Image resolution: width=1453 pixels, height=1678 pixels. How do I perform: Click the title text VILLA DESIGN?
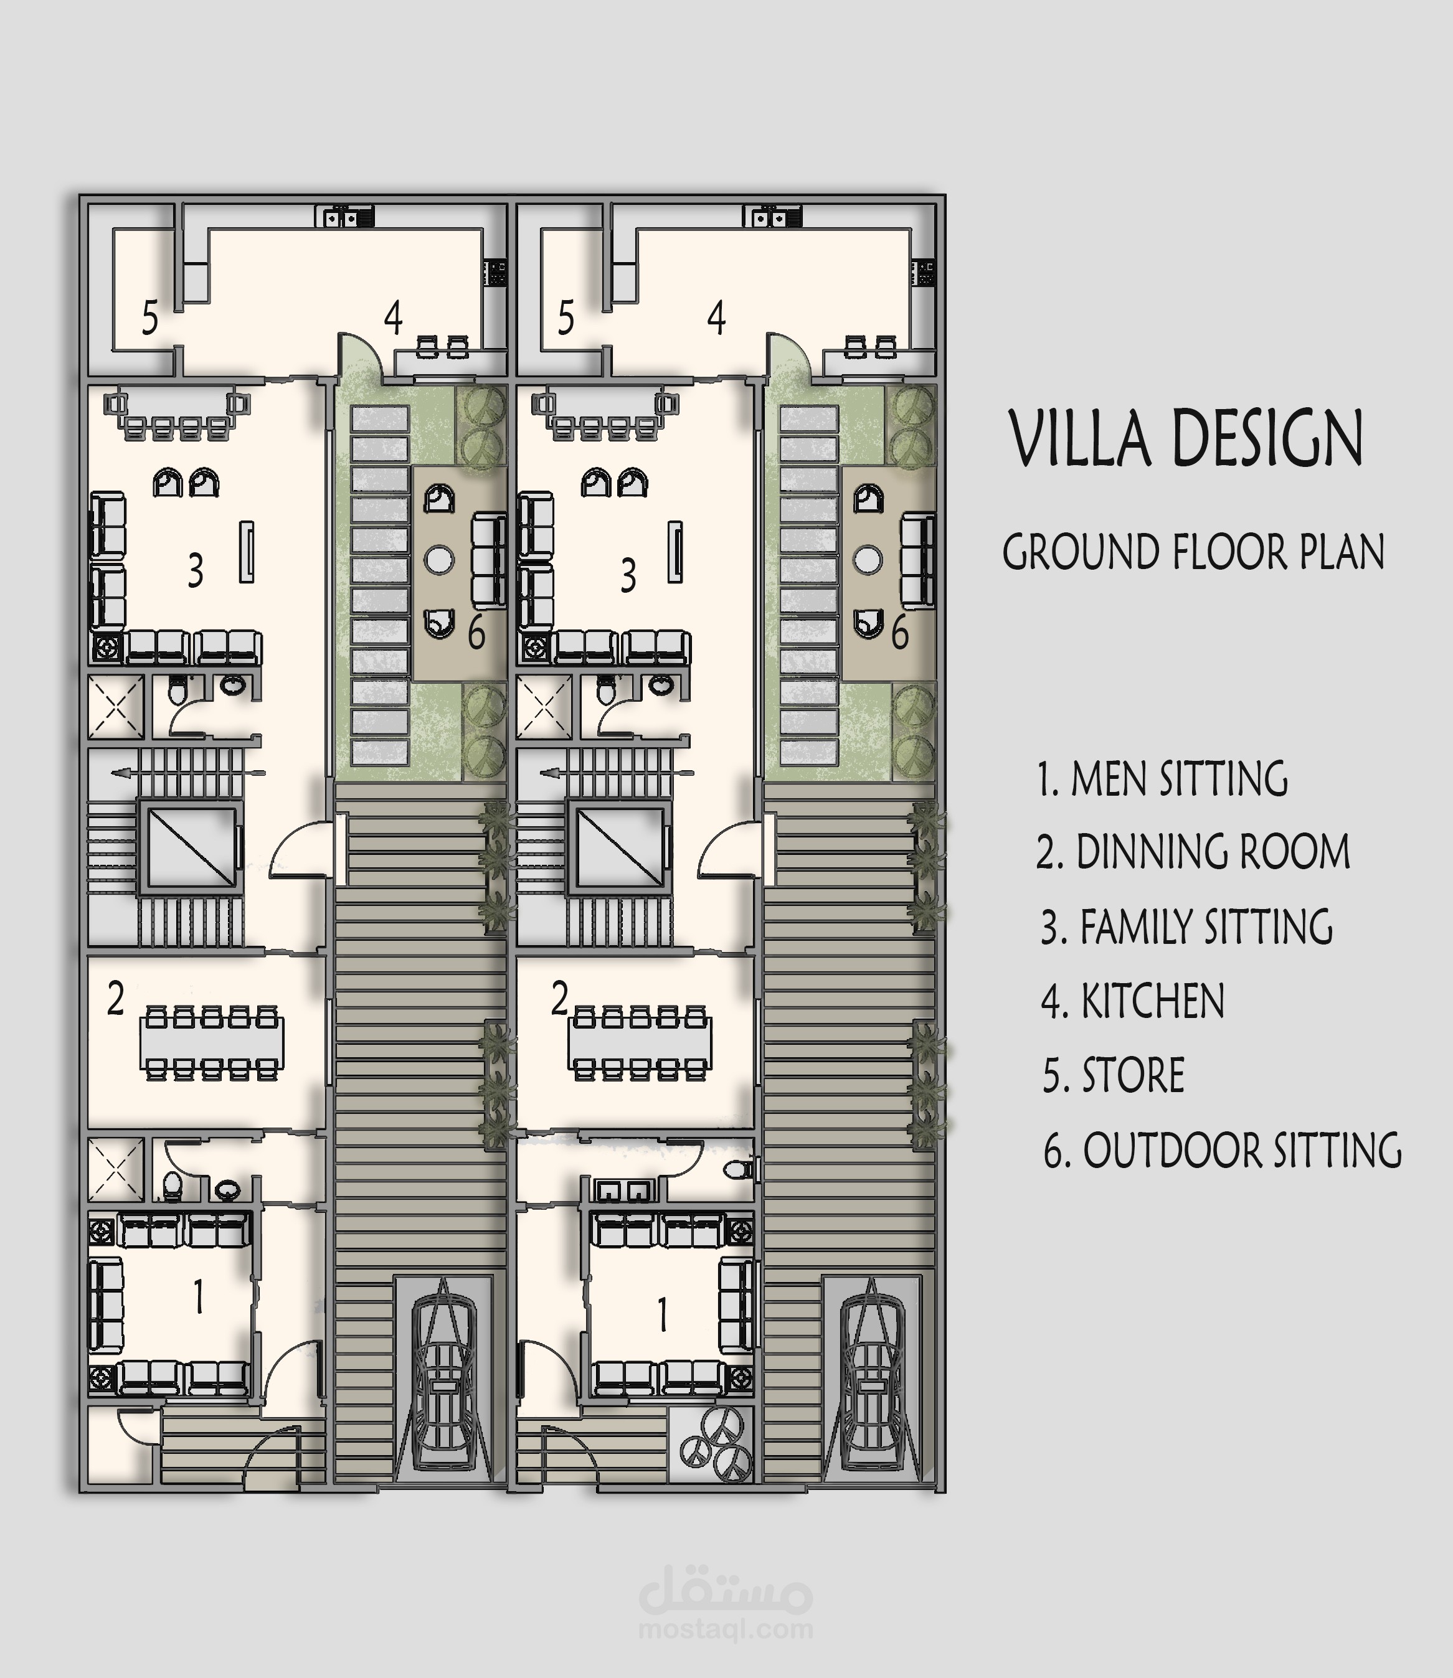tap(1186, 438)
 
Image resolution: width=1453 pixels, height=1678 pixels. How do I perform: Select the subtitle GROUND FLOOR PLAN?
tap(1193, 552)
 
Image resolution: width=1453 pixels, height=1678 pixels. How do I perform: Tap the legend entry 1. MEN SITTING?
tap(1163, 779)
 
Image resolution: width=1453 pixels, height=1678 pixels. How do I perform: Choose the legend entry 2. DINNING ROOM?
tap(1193, 852)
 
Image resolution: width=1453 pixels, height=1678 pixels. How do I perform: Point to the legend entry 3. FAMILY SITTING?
tap(1187, 926)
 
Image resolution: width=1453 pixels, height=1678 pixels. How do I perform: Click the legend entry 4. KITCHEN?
tap(1133, 1001)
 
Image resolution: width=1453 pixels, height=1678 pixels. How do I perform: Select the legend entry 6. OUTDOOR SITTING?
tap(1223, 1150)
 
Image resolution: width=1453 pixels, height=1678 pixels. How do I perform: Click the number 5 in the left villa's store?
tap(150, 318)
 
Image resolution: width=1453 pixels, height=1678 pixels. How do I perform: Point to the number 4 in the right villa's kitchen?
tap(716, 318)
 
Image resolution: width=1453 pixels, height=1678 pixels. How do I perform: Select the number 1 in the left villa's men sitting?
tap(199, 1297)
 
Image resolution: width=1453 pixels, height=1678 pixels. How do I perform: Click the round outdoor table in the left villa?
tap(440, 559)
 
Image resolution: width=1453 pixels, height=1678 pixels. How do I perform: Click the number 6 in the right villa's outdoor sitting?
tap(900, 633)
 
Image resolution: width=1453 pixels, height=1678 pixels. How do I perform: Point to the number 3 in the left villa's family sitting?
tap(196, 571)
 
